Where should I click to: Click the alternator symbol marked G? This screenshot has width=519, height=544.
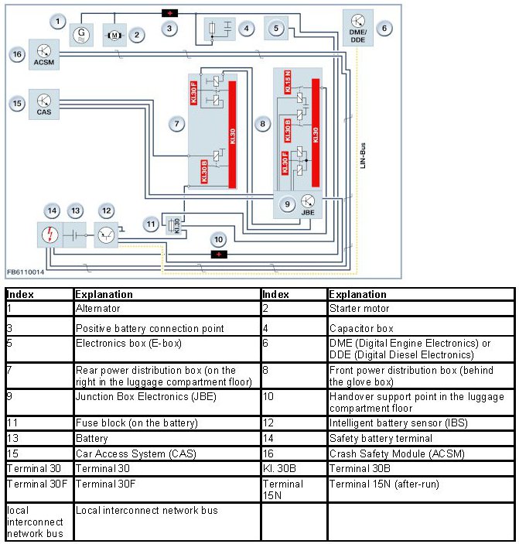(80, 35)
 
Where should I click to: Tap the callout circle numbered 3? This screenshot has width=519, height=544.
(169, 29)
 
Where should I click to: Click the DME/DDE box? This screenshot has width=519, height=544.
(357, 27)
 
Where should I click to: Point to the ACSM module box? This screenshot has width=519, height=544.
(43, 54)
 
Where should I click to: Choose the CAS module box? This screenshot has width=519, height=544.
(43, 104)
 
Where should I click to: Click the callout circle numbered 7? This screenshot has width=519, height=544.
(177, 124)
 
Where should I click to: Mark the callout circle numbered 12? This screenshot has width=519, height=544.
(106, 210)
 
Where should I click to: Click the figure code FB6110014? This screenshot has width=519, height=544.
(26, 272)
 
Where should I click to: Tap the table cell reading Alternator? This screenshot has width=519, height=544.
(98, 308)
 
